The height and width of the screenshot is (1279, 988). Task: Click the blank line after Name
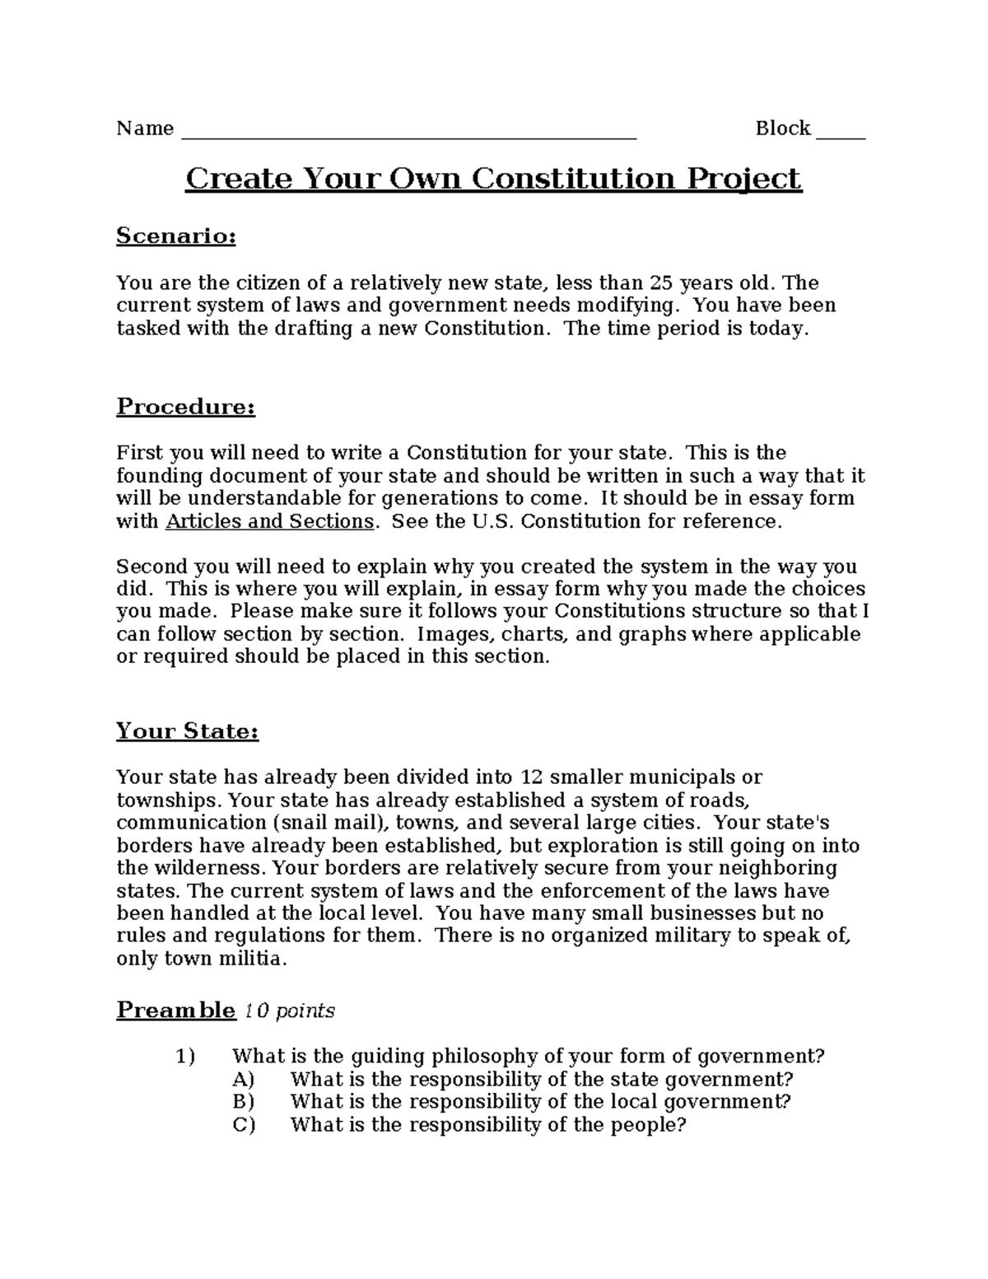(x=408, y=132)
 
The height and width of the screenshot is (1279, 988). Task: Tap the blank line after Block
(x=841, y=132)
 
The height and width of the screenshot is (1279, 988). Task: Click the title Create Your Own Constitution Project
(x=493, y=179)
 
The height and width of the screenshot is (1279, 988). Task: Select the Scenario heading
(x=176, y=236)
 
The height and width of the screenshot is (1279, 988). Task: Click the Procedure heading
(x=185, y=407)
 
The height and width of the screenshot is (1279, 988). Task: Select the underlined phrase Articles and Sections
(x=269, y=521)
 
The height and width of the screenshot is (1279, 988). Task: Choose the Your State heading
(x=187, y=731)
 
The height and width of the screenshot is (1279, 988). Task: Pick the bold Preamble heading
(x=175, y=1011)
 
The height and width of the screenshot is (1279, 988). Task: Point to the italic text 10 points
(x=289, y=1011)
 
